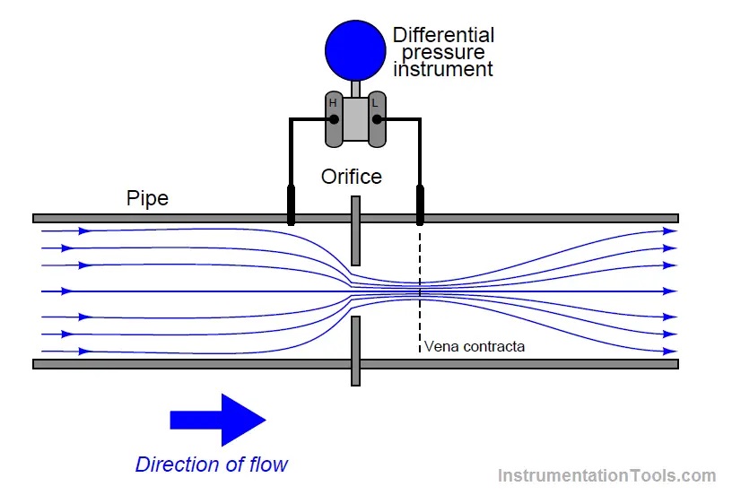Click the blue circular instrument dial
click(354, 48)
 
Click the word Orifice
click(352, 177)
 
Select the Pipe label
click(147, 198)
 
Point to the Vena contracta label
click(474, 346)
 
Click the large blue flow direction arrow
click(218, 419)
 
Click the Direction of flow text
click(212, 465)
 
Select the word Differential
click(443, 36)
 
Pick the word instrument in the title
click(443, 69)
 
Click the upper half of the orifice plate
click(355, 231)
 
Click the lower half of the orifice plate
click(355, 350)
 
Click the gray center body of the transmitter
click(355, 119)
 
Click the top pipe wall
click(538, 218)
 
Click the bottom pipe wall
click(538, 364)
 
